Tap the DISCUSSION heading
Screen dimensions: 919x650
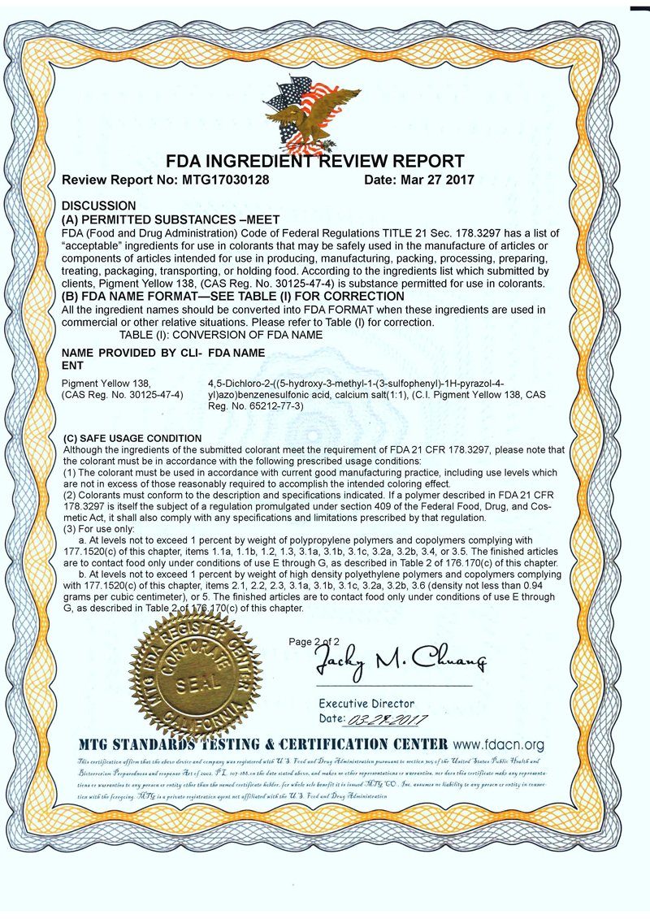pyautogui.click(x=99, y=206)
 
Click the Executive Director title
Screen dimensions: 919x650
pyautogui.click(x=366, y=704)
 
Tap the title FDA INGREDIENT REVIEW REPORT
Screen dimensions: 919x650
pyautogui.click(x=315, y=161)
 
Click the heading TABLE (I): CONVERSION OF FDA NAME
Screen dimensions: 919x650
pyautogui.click(x=221, y=335)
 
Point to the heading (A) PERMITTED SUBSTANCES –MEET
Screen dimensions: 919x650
pyautogui.click(x=171, y=219)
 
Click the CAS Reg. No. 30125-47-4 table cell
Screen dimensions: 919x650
pyautogui.click(x=123, y=394)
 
